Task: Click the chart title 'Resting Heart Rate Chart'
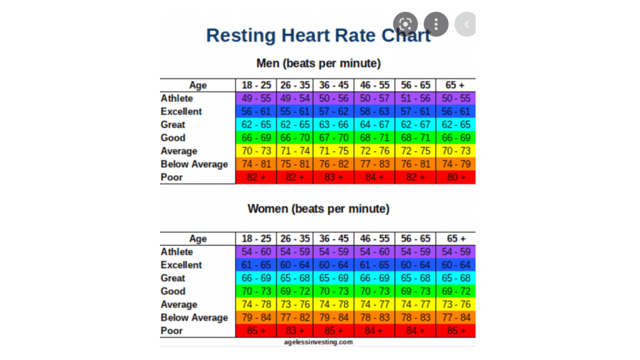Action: point(318,35)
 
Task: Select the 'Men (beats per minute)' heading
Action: point(318,63)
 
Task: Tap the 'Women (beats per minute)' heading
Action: point(318,208)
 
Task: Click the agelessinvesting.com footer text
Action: point(317,342)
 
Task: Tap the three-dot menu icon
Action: point(436,24)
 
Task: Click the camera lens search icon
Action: point(405,24)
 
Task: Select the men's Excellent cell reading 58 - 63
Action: point(376,111)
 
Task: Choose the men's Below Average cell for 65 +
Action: point(456,164)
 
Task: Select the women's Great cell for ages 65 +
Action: point(456,278)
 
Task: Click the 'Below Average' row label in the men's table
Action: point(194,164)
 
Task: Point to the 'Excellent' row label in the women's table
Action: point(181,265)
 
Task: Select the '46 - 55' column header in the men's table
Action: point(376,85)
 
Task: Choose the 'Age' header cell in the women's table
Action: point(197,239)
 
